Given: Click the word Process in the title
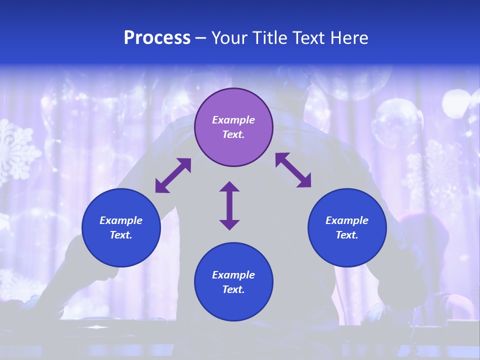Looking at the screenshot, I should coord(157,38).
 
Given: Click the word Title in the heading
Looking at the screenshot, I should coord(267,38).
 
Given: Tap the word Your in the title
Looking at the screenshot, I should coord(230,38).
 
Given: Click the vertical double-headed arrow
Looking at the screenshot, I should coord(229,205).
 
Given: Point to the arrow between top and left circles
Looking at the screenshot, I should coord(173,175).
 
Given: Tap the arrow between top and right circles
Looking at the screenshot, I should coord(293,170).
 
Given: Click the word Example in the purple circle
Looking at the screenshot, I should coord(233,120).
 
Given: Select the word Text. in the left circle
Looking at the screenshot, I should coord(121,235).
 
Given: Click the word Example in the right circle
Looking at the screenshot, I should coord(347,220).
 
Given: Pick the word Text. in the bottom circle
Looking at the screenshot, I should coord(233,289).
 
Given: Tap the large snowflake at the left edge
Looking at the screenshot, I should coord(15,150).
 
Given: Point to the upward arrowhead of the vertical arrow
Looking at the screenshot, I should coord(229,187).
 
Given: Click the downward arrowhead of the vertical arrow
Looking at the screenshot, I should coord(229,224).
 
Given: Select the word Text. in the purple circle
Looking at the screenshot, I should coord(233,134).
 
